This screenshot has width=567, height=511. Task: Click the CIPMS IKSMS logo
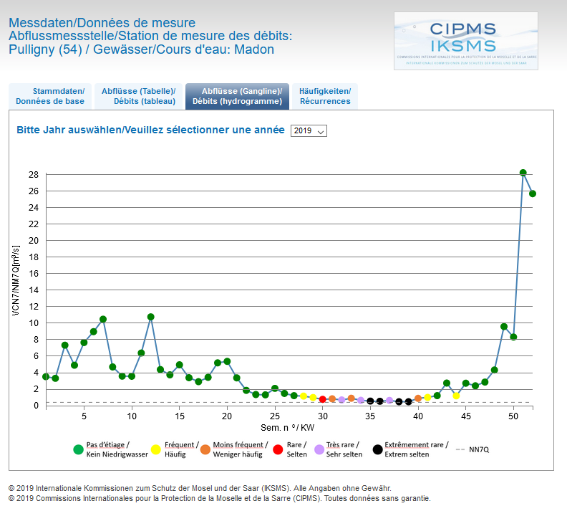coord(465,40)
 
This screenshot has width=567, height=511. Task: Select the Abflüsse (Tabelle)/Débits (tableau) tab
coord(137,96)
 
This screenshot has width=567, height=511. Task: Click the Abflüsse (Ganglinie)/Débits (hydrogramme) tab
coord(237,96)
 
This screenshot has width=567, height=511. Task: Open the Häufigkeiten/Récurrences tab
coord(325,96)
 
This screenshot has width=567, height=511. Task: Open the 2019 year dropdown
coord(309,131)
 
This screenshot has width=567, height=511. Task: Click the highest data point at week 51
coord(523,173)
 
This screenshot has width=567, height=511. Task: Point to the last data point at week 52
coord(533,194)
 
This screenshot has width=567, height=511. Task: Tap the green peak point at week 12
coord(151,317)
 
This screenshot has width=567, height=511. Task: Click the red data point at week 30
coord(323,399)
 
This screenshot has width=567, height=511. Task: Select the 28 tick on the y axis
coord(34,174)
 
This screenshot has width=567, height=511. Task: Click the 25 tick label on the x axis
coord(275,416)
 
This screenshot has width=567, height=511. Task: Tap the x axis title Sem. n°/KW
coord(287,427)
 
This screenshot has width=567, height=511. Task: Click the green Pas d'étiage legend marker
coord(78,449)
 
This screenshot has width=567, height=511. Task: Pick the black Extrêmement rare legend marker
coord(377,449)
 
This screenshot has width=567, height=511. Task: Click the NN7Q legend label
coord(479,449)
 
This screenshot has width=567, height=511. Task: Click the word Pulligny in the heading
coord(32,49)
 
